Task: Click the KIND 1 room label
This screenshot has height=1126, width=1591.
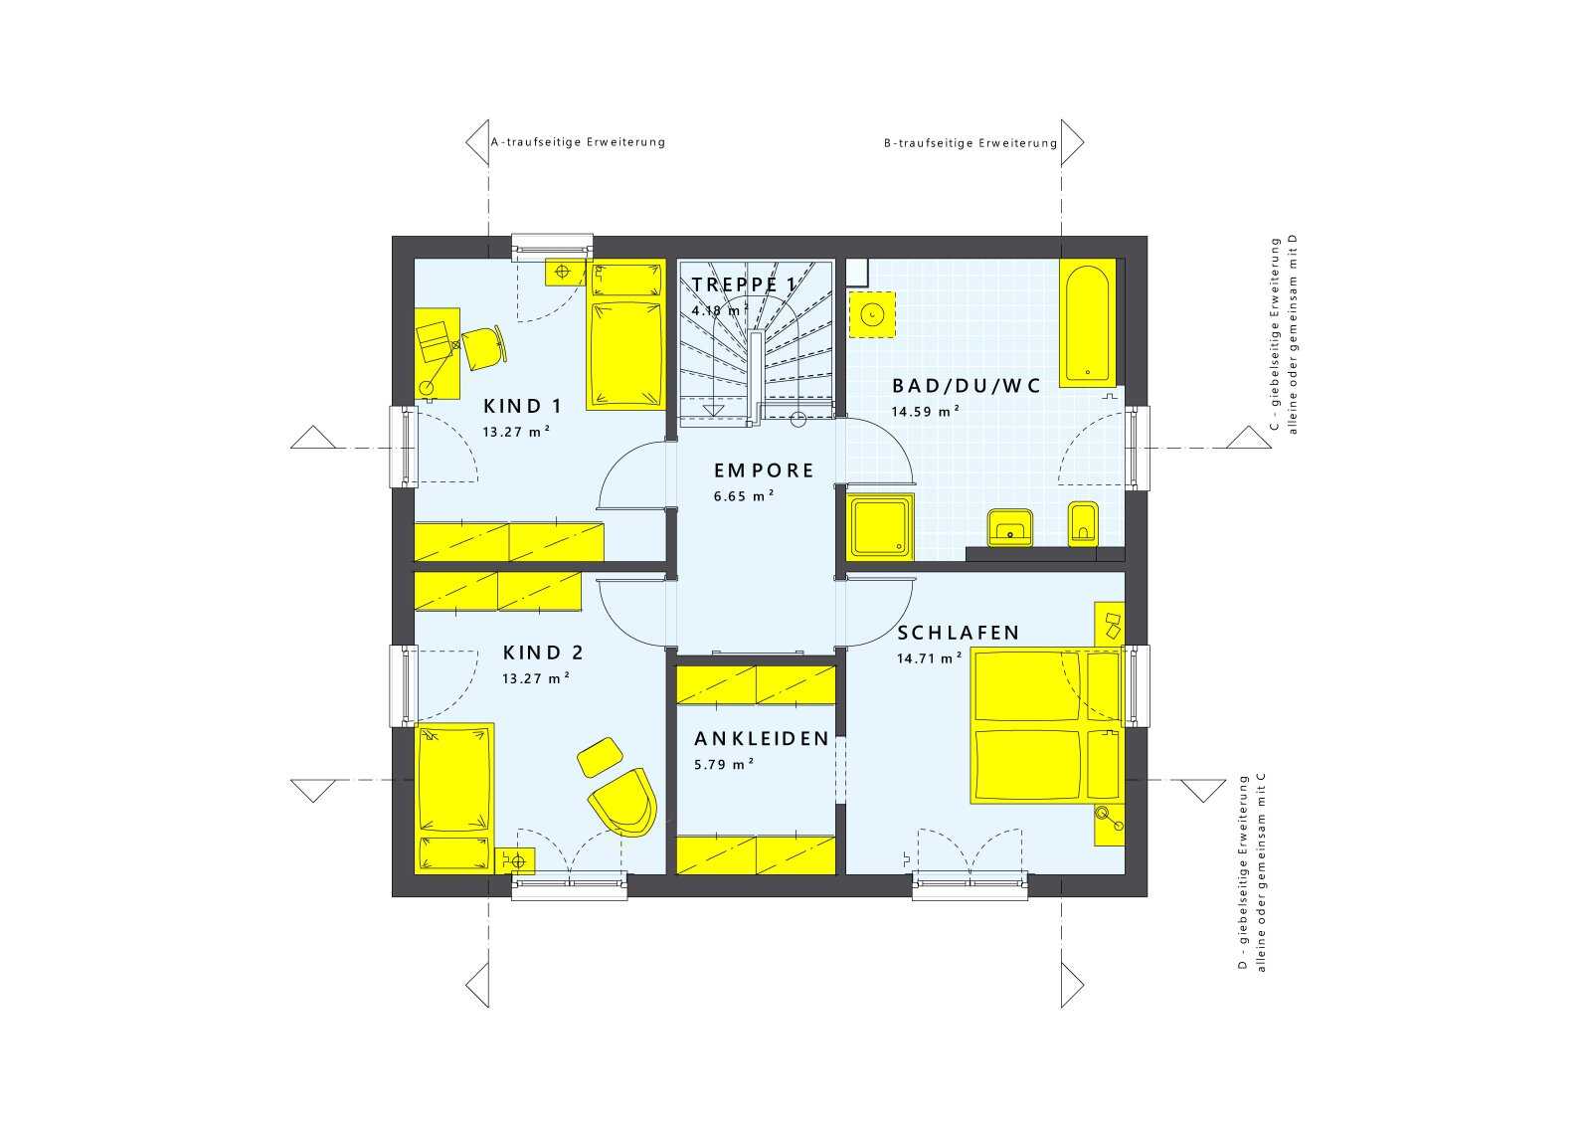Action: point(523,407)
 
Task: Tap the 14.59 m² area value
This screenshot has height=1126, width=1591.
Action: point(926,412)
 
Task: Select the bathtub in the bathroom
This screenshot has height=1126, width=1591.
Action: point(1087,323)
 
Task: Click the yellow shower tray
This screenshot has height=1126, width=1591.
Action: point(881,526)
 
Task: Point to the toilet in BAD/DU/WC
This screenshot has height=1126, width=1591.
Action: point(1083,524)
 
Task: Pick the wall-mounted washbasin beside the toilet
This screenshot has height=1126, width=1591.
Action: point(1009,527)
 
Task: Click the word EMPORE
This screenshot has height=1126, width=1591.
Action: point(765,470)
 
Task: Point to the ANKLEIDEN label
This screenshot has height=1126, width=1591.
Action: point(762,739)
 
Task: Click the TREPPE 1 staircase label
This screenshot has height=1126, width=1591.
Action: point(745,284)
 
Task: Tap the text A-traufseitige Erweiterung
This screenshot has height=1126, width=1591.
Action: point(578,142)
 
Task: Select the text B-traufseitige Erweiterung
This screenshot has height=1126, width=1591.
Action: point(971,143)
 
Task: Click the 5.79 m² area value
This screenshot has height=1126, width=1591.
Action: point(724,764)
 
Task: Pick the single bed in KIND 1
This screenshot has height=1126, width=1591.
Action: point(625,334)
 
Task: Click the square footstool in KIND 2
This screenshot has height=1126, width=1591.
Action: point(601,757)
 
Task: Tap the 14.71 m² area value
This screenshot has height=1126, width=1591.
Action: point(930,657)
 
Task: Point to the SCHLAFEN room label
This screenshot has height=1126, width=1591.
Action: point(959,633)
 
